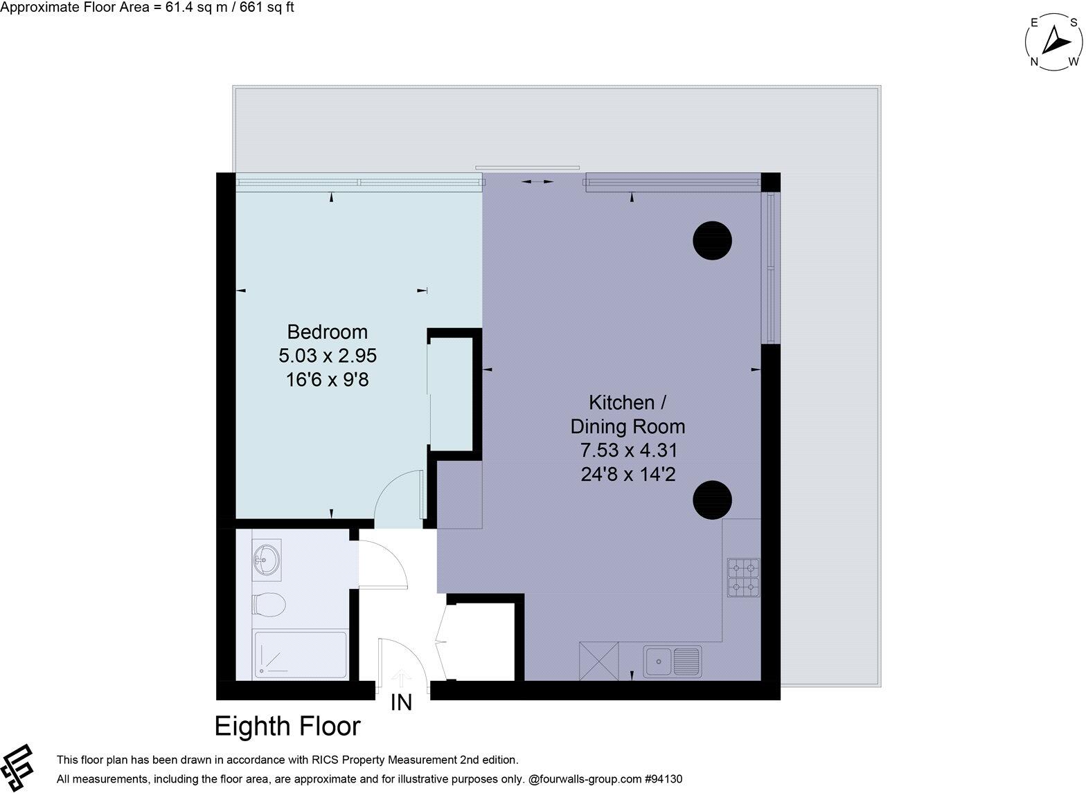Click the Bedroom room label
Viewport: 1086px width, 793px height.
tap(327, 331)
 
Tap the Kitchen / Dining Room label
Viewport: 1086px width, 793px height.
tap(627, 414)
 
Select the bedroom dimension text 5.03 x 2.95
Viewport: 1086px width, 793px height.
tap(327, 356)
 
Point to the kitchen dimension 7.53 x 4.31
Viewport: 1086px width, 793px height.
tap(627, 450)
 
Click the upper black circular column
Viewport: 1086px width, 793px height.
tap(713, 240)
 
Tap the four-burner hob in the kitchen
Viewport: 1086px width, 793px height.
tap(743, 578)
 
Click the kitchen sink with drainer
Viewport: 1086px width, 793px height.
tap(672, 661)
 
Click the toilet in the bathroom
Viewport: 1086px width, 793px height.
tap(269, 605)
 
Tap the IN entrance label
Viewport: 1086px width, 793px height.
tap(401, 703)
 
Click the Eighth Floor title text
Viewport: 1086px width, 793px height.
tap(287, 727)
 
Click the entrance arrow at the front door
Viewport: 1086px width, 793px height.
tap(400, 676)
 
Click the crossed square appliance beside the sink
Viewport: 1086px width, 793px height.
tap(598, 661)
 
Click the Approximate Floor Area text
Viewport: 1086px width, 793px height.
tap(147, 8)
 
